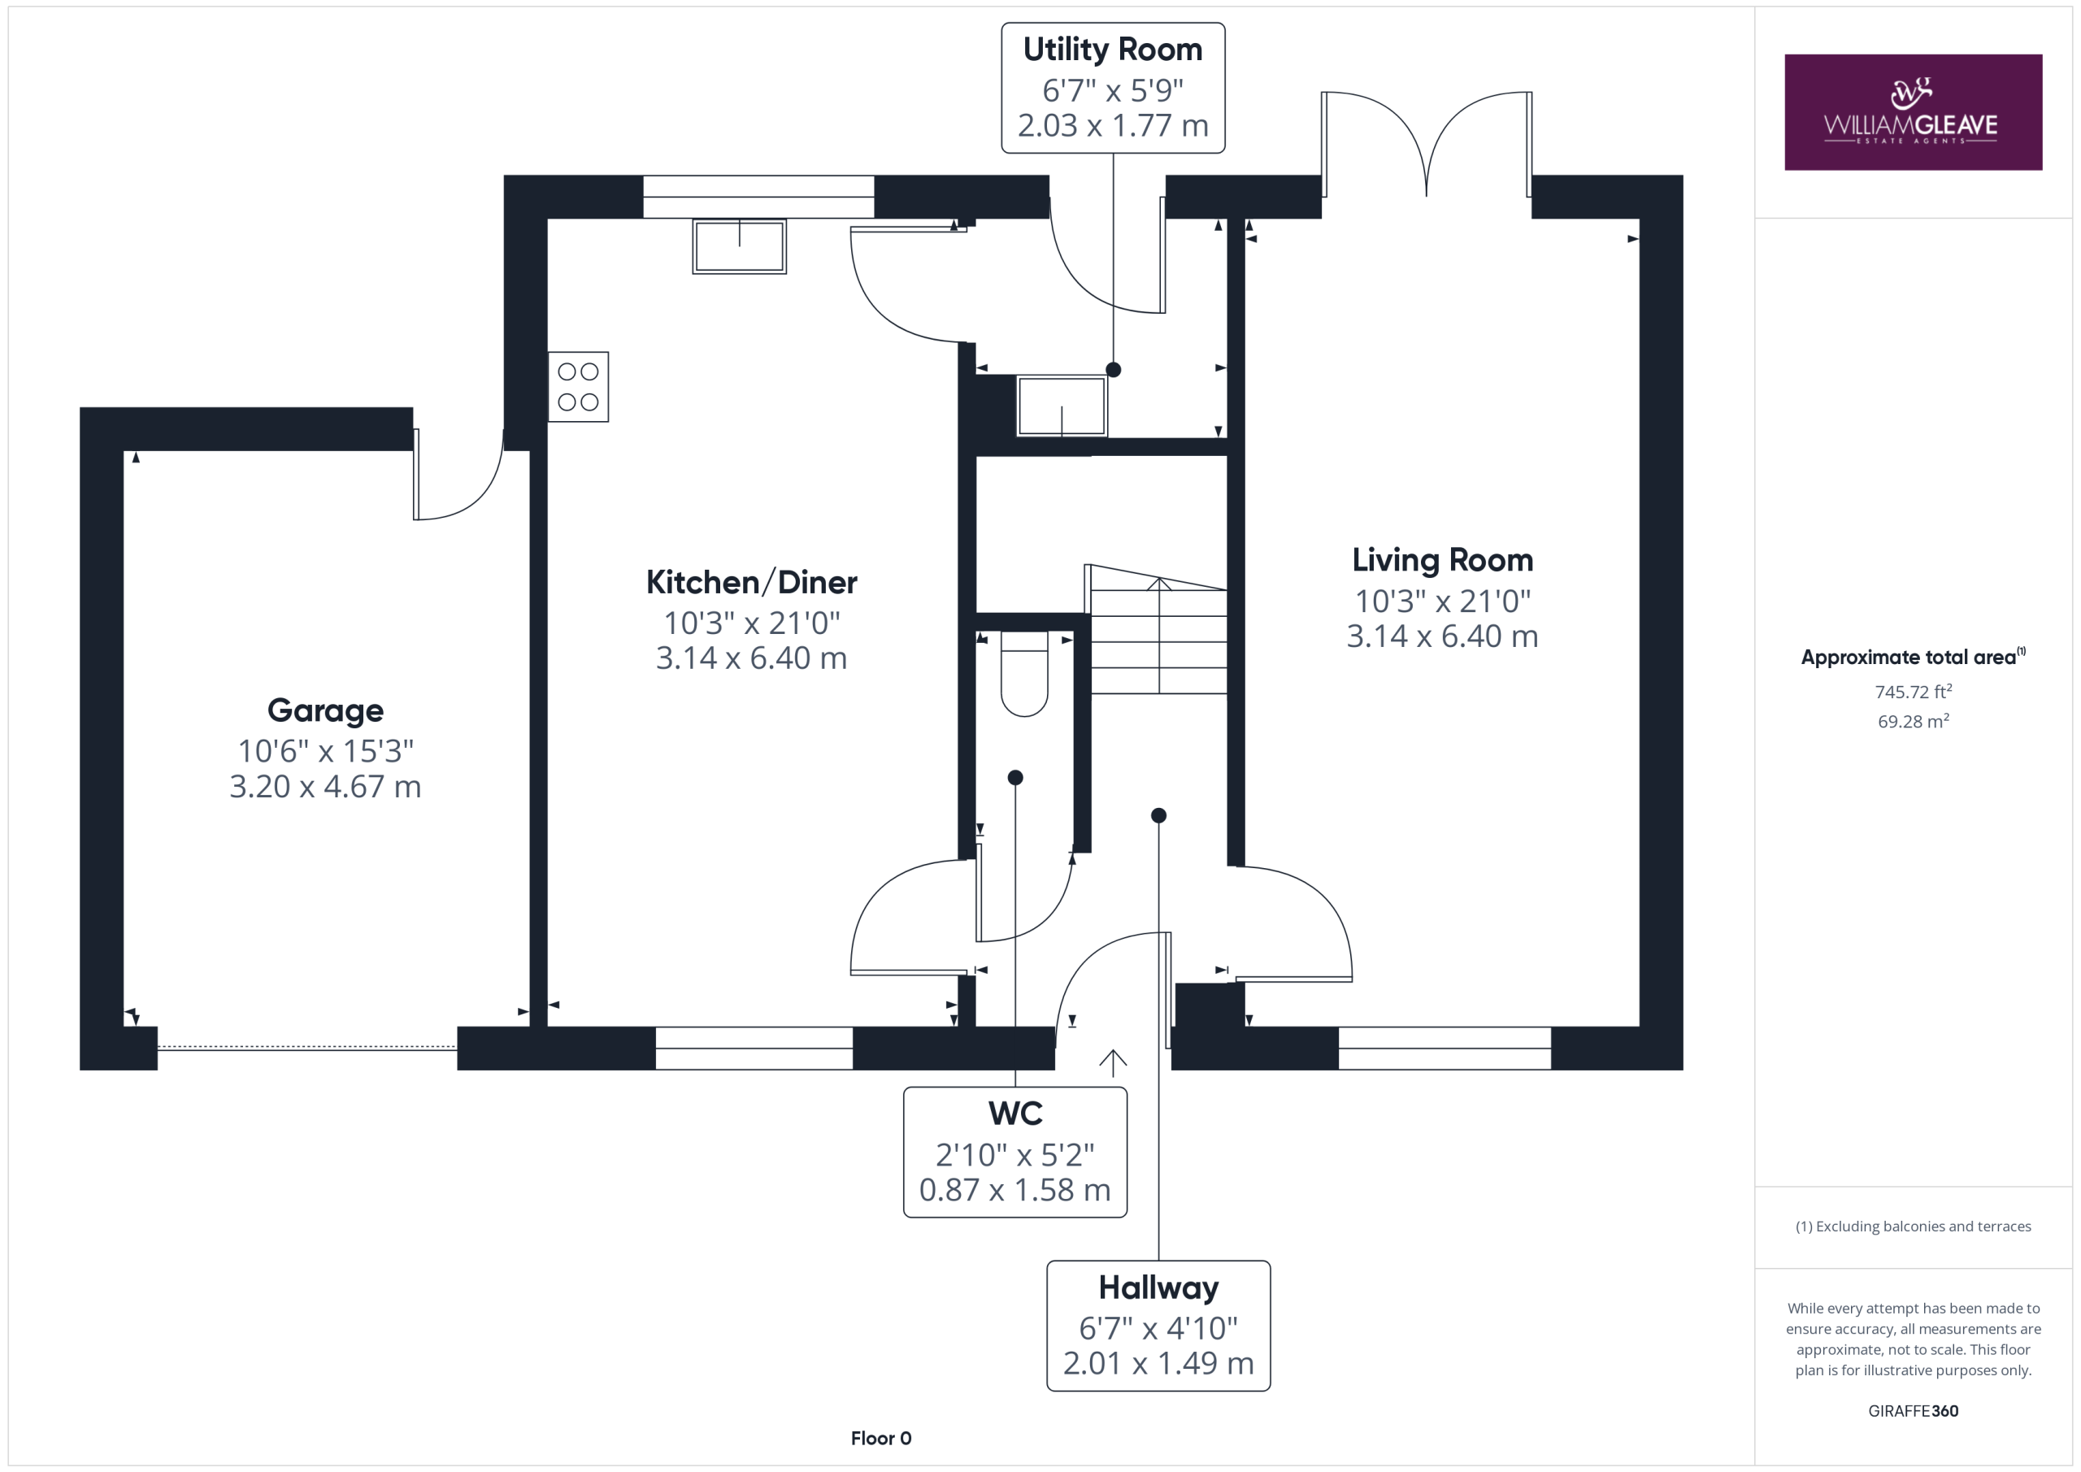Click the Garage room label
[325, 710]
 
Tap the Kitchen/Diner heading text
[751, 582]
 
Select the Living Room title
[1442, 560]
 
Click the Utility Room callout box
[1113, 88]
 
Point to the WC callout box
[1015, 1152]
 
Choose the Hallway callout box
[1158, 1325]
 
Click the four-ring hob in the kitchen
[578, 387]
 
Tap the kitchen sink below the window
[740, 245]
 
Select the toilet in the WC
[1024, 675]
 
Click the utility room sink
[1062, 407]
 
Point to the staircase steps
[1158, 630]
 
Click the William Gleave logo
[1914, 112]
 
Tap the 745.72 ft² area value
[1914, 692]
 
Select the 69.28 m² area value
[1914, 722]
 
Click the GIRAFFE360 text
[1914, 1411]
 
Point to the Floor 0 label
[881, 1439]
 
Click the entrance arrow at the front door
[1113, 1063]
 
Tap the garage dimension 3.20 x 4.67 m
[325, 787]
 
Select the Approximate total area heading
[1914, 657]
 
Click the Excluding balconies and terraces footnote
[1914, 1227]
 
